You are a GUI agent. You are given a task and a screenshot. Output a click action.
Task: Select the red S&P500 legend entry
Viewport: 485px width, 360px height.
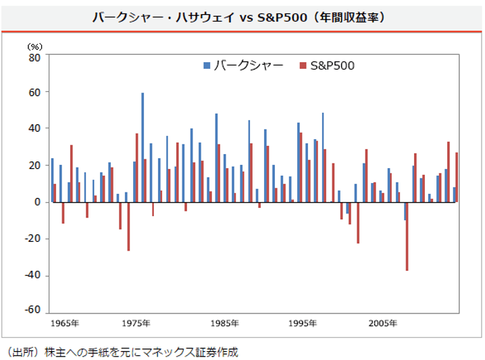coord(327,66)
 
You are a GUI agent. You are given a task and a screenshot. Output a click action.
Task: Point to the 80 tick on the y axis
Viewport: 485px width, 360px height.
coord(34,57)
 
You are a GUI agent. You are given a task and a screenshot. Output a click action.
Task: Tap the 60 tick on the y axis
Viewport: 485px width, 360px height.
coord(34,92)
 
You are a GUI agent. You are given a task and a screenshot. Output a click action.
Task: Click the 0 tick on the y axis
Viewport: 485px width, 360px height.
coord(38,202)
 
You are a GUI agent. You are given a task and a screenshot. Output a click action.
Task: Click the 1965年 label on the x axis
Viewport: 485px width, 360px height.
coord(65,324)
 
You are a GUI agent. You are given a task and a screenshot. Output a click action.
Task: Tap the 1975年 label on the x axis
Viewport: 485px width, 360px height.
coord(136,324)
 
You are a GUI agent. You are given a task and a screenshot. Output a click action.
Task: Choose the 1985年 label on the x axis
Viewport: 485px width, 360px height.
coord(224,324)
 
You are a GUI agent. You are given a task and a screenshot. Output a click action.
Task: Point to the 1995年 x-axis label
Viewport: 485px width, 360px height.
coord(303,324)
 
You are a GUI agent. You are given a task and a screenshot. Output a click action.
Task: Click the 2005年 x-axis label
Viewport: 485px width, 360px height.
coord(382,324)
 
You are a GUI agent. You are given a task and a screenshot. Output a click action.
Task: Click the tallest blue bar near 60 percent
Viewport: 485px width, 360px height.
coord(143,147)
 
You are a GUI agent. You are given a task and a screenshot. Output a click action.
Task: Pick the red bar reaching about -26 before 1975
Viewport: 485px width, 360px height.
coord(128,226)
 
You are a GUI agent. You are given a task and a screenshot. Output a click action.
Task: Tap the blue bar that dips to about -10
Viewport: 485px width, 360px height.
coord(405,211)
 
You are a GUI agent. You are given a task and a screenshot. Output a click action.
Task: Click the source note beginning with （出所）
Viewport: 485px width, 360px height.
coord(122,351)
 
